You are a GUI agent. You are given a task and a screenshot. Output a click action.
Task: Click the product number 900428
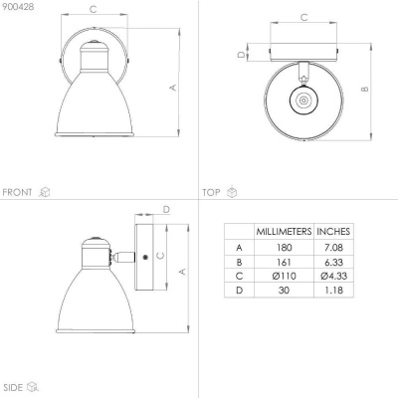point(18,7)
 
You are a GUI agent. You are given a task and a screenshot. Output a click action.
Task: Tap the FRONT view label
point(17,192)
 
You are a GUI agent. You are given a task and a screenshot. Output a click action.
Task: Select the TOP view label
point(211,192)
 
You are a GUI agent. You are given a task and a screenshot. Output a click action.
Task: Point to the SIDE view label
point(12,387)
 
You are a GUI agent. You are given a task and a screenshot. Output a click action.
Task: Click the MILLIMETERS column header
point(284,232)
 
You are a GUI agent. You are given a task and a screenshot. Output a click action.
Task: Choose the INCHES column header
point(333,232)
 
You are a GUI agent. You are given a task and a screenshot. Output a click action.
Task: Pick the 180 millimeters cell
point(284,248)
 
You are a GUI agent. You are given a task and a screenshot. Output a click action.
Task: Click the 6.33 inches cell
point(333,262)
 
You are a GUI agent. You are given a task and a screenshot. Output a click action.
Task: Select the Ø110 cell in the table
point(284,276)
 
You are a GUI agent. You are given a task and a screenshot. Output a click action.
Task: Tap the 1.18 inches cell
point(333,291)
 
